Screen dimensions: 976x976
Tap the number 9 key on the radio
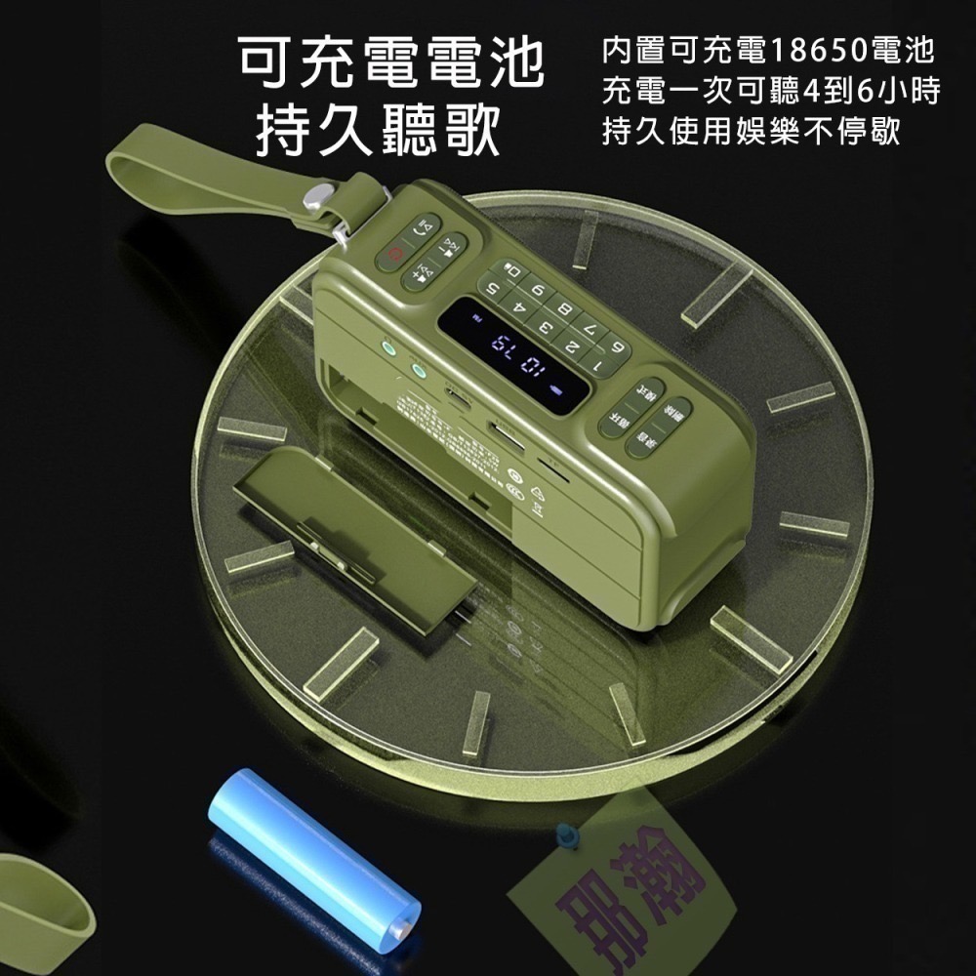coord(536,288)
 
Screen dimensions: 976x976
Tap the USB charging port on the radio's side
coord(457,395)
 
